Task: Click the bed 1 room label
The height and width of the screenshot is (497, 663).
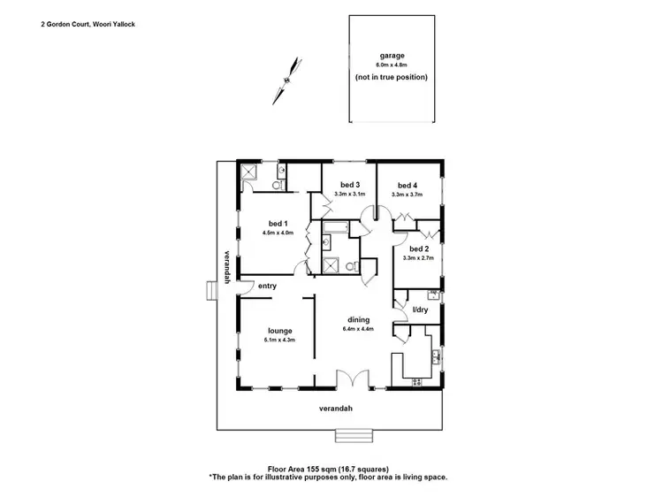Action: [277, 224]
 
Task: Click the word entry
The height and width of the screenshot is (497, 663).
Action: [268, 286]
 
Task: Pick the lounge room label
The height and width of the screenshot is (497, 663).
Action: [278, 331]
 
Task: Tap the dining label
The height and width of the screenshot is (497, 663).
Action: [358, 319]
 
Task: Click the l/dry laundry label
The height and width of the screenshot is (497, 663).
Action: [421, 309]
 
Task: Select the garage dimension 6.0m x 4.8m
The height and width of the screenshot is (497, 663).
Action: [392, 65]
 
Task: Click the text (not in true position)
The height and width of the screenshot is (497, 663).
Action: [392, 77]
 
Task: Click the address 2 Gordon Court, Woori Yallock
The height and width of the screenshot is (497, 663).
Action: [88, 25]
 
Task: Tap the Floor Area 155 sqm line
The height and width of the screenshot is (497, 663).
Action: [328, 470]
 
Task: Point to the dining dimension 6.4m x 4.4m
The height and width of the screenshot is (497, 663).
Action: [358, 329]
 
